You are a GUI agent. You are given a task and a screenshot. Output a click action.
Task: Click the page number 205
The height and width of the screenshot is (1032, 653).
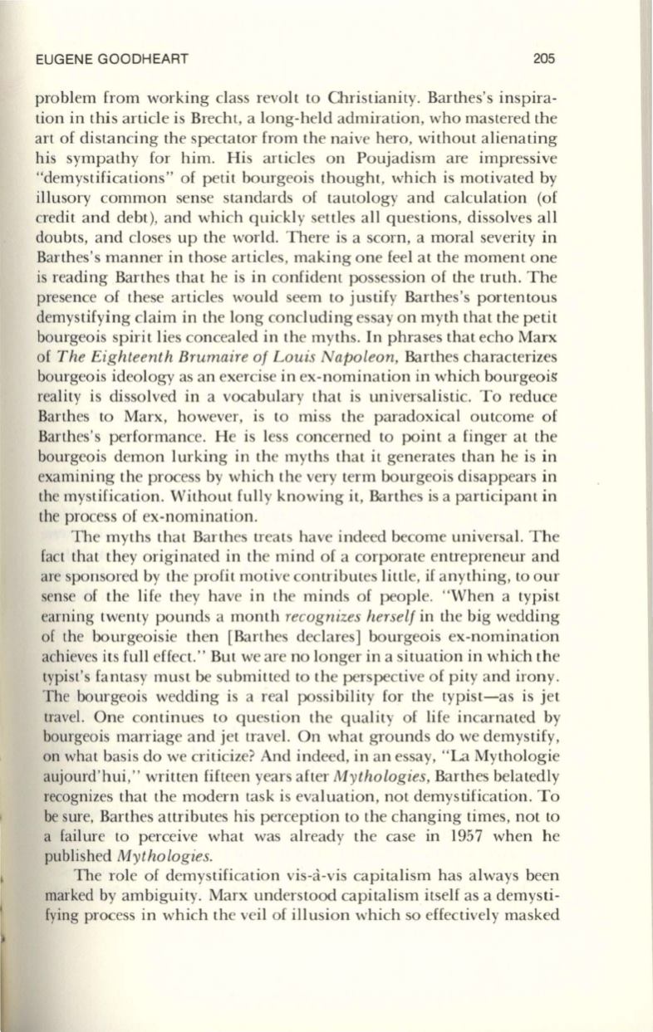544,59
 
